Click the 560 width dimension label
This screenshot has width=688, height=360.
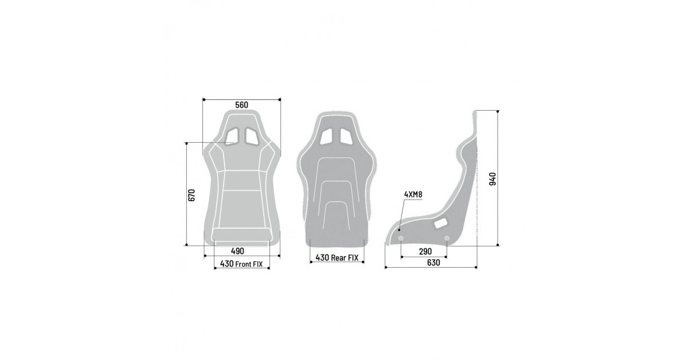click(241, 105)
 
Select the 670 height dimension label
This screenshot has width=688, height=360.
click(191, 195)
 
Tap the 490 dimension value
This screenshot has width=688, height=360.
click(237, 251)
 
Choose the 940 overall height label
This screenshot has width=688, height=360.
click(492, 179)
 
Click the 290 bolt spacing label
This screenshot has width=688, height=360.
click(425, 252)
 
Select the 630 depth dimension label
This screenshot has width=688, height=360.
click(433, 263)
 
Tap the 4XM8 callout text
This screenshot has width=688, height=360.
click(413, 194)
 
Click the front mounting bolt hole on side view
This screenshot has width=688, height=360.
click(401, 238)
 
